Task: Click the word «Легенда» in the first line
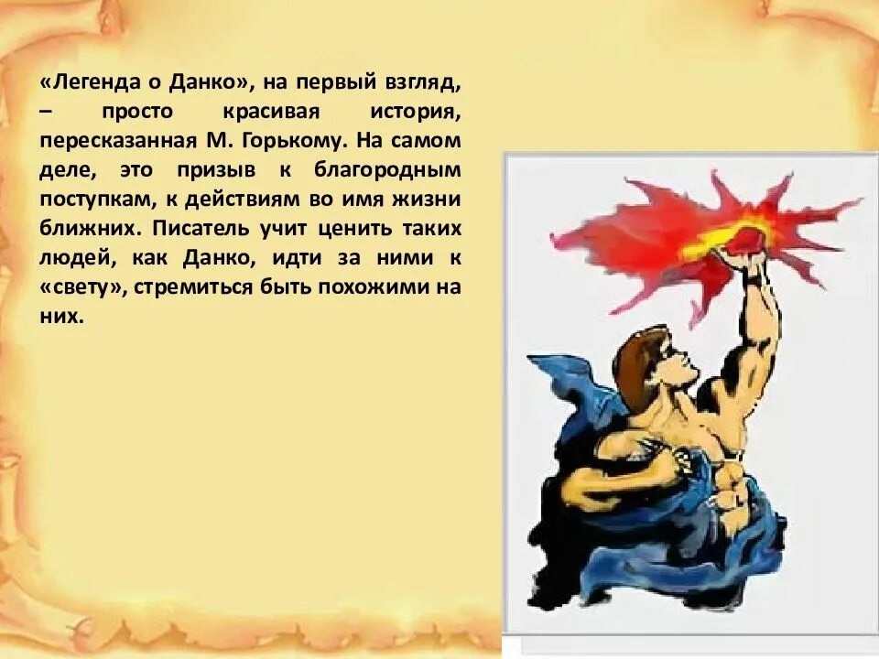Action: (87, 83)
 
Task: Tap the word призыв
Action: (224, 171)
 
